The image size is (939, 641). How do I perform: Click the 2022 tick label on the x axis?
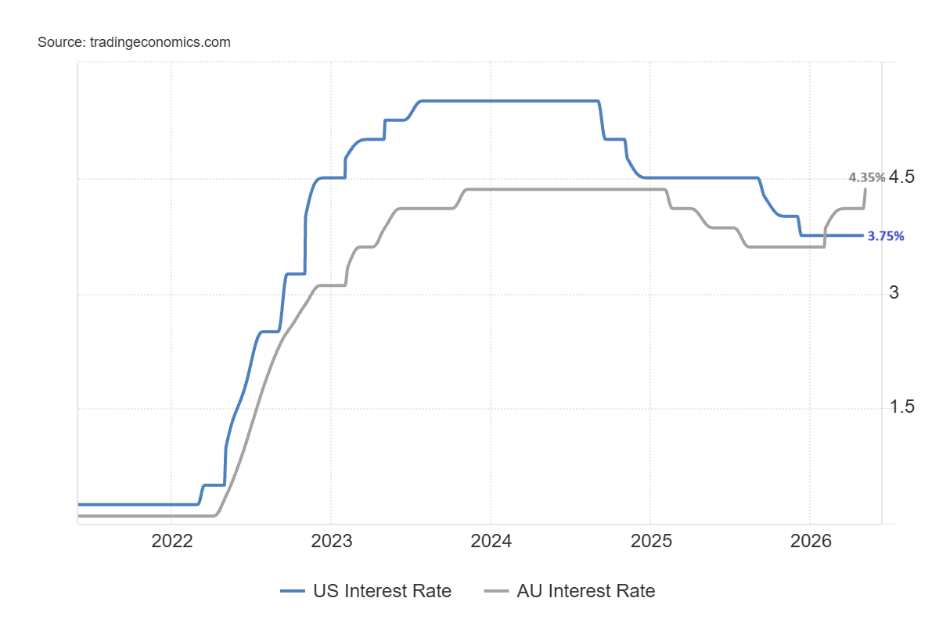pyautogui.click(x=172, y=541)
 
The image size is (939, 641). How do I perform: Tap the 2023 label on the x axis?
pyautogui.click(x=332, y=541)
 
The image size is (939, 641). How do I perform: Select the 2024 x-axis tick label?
pyautogui.click(x=491, y=541)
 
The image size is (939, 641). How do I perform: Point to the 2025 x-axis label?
pyautogui.click(x=651, y=541)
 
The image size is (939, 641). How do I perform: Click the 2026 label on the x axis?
pyautogui.click(x=811, y=541)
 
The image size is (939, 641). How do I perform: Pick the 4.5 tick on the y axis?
pyautogui.click(x=901, y=177)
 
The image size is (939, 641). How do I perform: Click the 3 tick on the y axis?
pyautogui.click(x=894, y=292)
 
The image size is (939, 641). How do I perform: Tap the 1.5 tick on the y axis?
pyautogui.click(x=901, y=406)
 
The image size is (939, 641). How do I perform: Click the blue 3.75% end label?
pyautogui.click(x=885, y=236)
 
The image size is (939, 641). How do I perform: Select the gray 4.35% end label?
pyautogui.click(x=867, y=177)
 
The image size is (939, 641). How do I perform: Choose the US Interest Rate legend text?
pyautogui.click(x=383, y=591)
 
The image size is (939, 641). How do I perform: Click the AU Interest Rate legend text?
pyautogui.click(x=586, y=591)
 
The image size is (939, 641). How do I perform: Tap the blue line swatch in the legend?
pyautogui.click(x=293, y=591)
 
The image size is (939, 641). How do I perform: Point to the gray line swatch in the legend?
pyautogui.click(x=496, y=591)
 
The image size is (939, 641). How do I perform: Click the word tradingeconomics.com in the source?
pyautogui.click(x=160, y=42)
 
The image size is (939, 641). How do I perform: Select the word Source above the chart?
pyautogui.click(x=62, y=42)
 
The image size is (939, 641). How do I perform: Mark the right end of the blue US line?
pyautogui.click(x=863, y=235)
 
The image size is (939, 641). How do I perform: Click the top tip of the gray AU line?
pyautogui.click(x=865, y=189)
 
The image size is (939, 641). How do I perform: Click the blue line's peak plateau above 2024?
pyautogui.click(x=509, y=101)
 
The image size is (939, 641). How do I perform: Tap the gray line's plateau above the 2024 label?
pyautogui.click(x=566, y=189)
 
